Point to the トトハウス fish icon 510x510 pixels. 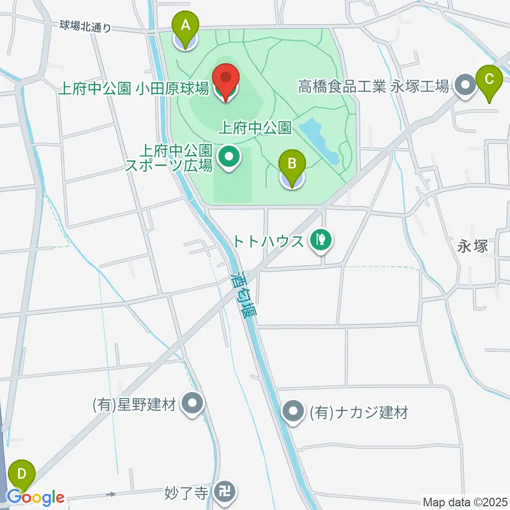[320, 240]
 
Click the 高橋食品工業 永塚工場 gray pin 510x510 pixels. [466, 85]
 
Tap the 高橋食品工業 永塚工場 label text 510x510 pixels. [373, 86]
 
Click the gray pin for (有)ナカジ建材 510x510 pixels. [293, 411]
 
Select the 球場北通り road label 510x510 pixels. [86, 26]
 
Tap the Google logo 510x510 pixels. [36, 498]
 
